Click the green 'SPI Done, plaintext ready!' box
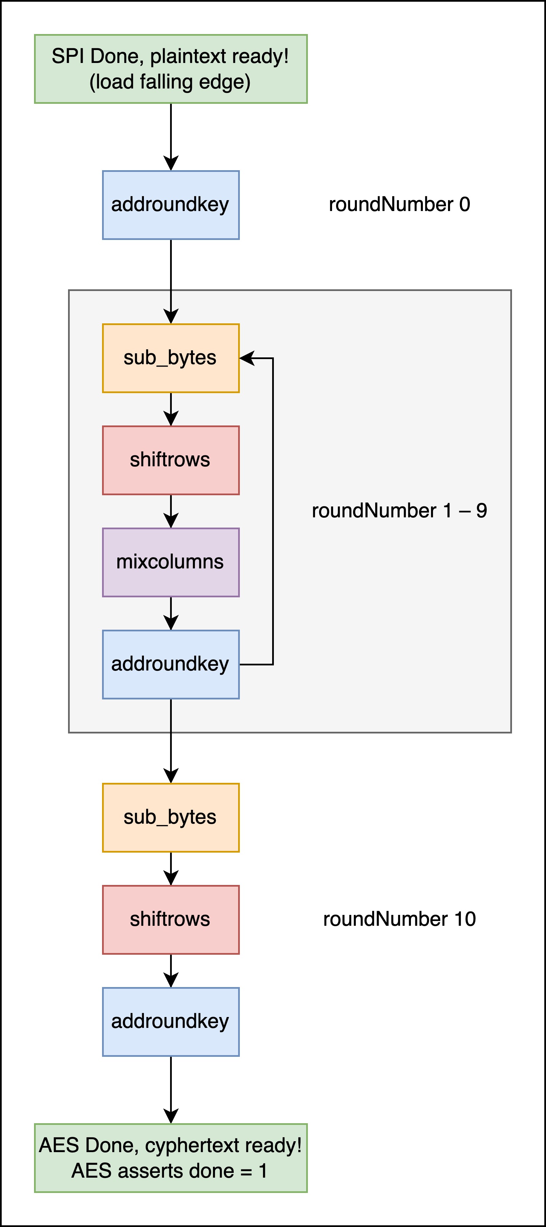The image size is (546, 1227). click(x=171, y=69)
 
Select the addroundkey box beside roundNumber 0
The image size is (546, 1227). click(x=171, y=205)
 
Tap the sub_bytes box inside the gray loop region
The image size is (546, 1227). click(x=171, y=358)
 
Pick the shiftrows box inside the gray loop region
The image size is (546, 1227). click(x=171, y=460)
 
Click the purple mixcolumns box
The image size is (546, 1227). click(x=171, y=562)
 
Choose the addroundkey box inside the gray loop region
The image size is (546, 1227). click(x=171, y=664)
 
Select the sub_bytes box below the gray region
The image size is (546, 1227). click(x=171, y=817)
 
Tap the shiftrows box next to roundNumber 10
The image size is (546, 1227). click(x=171, y=919)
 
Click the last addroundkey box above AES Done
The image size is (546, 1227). click(x=171, y=1022)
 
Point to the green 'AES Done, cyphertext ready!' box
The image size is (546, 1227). click(x=171, y=1158)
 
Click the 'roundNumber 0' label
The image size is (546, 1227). click(x=399, y=204)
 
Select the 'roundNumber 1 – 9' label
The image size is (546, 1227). click(x=399, y=511)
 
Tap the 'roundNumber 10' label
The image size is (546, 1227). click(x=399, y=919)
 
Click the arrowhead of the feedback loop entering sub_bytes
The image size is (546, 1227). click(x=247, y=358)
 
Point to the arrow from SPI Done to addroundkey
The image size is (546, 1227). click(x=171, y=137)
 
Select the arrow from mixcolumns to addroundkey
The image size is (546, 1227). click(x=171, y=613)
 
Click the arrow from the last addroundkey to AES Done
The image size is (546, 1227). click(x=171, y=1090)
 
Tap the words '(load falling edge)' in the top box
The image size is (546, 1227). click(x=170, y=82)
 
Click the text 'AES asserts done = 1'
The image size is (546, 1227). click(x=169, y=1171)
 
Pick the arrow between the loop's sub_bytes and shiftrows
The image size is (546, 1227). click(x=171, y=409)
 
